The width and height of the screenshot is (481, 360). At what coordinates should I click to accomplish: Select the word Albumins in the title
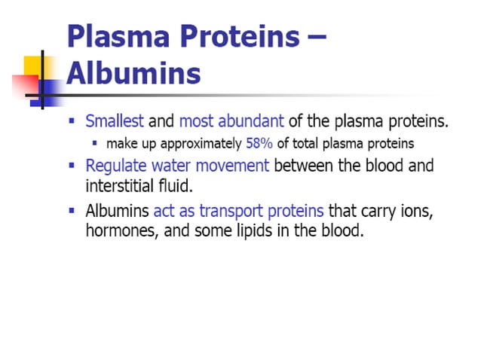[133, 74]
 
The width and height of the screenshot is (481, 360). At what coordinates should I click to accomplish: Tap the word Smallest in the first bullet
[115, 121]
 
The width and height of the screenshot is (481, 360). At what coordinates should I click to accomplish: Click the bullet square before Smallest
[72, 121]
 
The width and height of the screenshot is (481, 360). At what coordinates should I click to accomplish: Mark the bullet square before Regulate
[72, 165]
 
